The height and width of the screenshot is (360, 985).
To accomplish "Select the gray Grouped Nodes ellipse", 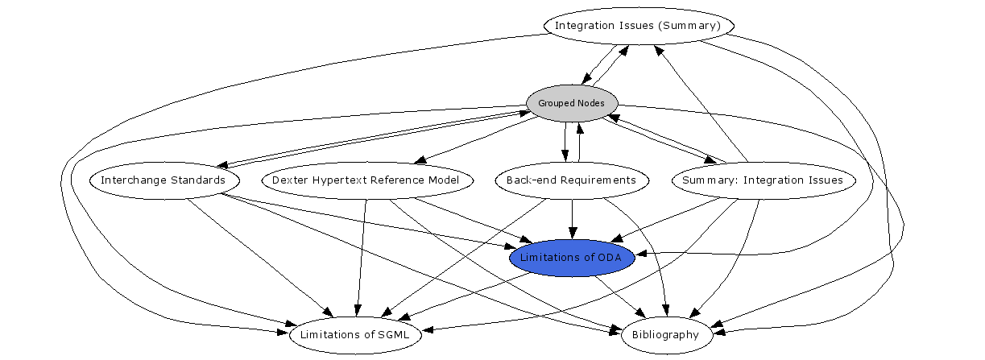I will click(x=572, y=103).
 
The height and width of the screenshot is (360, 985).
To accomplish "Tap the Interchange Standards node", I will click(x=163, y=180).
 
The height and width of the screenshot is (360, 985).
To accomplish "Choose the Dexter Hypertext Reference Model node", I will click(x=366, y=180).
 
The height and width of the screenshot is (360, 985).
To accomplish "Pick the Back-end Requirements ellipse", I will click(x=572, y=180).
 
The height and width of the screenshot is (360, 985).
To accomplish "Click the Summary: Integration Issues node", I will click(x=762, y=180).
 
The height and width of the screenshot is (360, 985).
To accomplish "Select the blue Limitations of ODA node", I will click(x=572, y=257).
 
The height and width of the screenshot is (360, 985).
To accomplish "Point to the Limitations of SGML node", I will click(x=355, y=334).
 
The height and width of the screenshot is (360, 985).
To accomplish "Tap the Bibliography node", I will click(x=667, y=334).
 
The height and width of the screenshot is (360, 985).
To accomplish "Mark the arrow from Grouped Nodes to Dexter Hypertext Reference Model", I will click(x=475, y=141).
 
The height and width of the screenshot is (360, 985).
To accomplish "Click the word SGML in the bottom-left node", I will click(x=394, y=334).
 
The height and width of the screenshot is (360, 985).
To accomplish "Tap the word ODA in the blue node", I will click(x=609, y=257).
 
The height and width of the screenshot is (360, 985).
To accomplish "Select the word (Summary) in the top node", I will click(x=697, y=26).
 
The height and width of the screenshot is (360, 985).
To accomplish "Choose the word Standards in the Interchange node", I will click(x=198, y=180).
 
